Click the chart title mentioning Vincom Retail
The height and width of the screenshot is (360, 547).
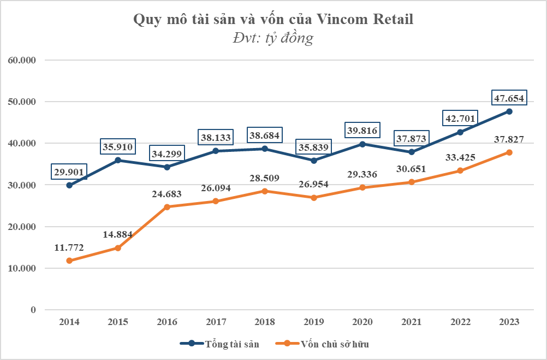(273, 20)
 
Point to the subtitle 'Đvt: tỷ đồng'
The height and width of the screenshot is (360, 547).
(273, 38)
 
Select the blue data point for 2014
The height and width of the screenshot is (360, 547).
(69, 185)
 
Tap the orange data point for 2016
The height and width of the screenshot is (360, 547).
(167, 207)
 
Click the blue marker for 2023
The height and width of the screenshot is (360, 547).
(509, 111)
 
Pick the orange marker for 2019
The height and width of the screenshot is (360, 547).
(314, 198)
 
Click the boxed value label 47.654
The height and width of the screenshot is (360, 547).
(508, 98)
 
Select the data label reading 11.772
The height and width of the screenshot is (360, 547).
(69, 247)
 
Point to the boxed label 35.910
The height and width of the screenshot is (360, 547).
(118, 147)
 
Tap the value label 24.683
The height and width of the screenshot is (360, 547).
(167, 193)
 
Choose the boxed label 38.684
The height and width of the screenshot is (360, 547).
(265, 135)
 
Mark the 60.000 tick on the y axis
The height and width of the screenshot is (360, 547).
(21, 60)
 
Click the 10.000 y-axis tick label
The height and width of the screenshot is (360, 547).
(21, 268)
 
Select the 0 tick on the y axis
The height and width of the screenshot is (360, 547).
(33, 310)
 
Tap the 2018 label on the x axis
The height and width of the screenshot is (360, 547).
(265, 322)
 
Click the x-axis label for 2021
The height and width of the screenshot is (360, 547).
(412, 322)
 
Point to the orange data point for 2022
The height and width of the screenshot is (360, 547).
(460, 170)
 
